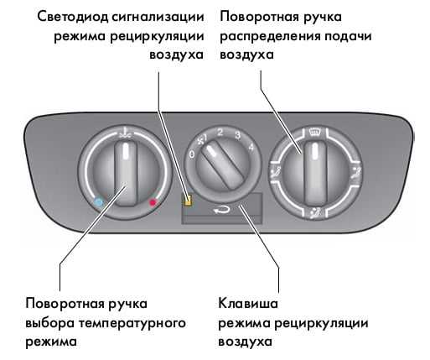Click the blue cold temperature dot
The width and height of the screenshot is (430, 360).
[99, 202]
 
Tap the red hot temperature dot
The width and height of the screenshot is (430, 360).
[153, 202]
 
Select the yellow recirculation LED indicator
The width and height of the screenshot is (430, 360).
[188, 200]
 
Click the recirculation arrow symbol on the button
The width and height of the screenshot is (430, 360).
[222, 210]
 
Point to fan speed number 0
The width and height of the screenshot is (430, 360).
[192, 154]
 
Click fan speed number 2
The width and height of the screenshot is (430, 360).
[220, 132]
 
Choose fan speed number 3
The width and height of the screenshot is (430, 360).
[237, 135]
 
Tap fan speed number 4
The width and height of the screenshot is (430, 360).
[251, 147]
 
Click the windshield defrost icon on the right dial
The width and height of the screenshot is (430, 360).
[316, 132]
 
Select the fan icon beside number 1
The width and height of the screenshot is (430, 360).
[200, 141]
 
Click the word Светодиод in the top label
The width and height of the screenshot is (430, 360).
[73, 17]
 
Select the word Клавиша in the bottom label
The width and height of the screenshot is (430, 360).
[248, 304]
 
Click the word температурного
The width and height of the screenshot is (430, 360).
[132, 324]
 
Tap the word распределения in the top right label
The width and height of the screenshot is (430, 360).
[270, 37]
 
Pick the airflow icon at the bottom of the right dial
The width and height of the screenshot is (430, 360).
[315, 213]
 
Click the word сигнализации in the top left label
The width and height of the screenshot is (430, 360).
[158, 17]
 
